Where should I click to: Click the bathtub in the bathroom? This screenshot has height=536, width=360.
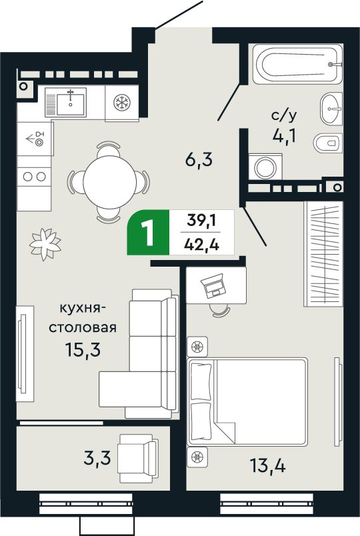[298, 64]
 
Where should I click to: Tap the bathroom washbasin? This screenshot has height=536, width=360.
[331, 109]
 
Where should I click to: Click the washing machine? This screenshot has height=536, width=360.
[265, 167]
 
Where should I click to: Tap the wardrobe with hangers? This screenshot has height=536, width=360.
[323, 253]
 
